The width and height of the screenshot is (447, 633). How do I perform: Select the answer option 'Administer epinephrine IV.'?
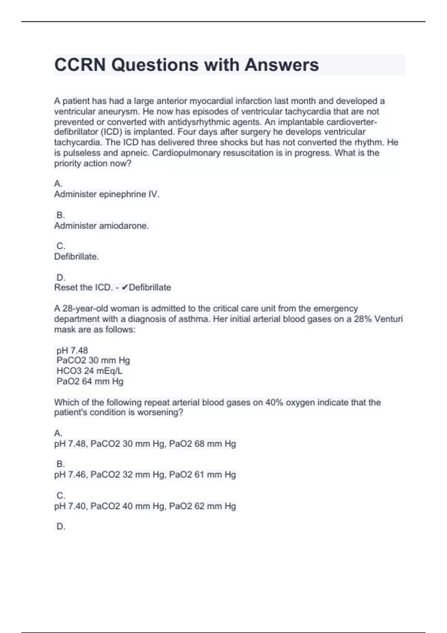(x=107, y=194)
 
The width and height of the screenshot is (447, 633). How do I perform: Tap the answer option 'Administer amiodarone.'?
(x=101, y=226)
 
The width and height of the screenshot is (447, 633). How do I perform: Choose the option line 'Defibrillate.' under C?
(x=76, y=257)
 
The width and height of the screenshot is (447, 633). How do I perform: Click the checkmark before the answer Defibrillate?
(x=125, y=287)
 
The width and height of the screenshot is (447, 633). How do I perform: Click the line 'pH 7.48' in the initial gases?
(x=72, y=350)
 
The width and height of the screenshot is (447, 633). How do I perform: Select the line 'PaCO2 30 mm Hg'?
(x=93, y=360)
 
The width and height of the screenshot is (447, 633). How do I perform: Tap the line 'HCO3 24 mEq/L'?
(x=89, y=371)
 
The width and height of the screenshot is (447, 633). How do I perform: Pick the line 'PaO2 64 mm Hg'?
(x=90, y=381)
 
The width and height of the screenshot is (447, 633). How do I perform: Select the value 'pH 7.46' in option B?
(x=70, y=474)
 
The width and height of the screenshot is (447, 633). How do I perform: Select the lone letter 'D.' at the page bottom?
(x=60, y=527)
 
